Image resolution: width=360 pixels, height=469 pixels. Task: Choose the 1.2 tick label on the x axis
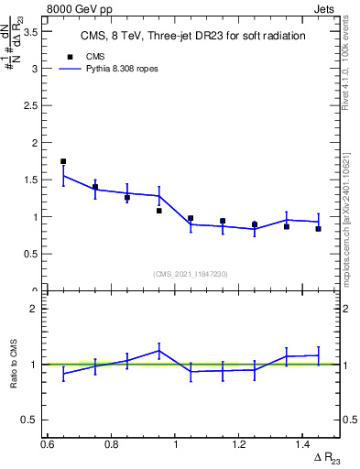coord(240,444)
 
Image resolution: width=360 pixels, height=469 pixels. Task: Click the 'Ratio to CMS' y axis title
coord(14,365)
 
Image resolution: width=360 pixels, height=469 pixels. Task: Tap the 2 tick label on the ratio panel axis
coord(37,309)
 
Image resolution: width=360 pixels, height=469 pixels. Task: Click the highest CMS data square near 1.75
coord(63,161)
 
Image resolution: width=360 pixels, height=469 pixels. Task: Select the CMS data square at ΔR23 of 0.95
coord(158,211)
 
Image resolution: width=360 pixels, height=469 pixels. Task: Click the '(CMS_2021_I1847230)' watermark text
coord(191,274)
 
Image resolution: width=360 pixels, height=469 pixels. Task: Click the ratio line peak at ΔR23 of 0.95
coord(158,350)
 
